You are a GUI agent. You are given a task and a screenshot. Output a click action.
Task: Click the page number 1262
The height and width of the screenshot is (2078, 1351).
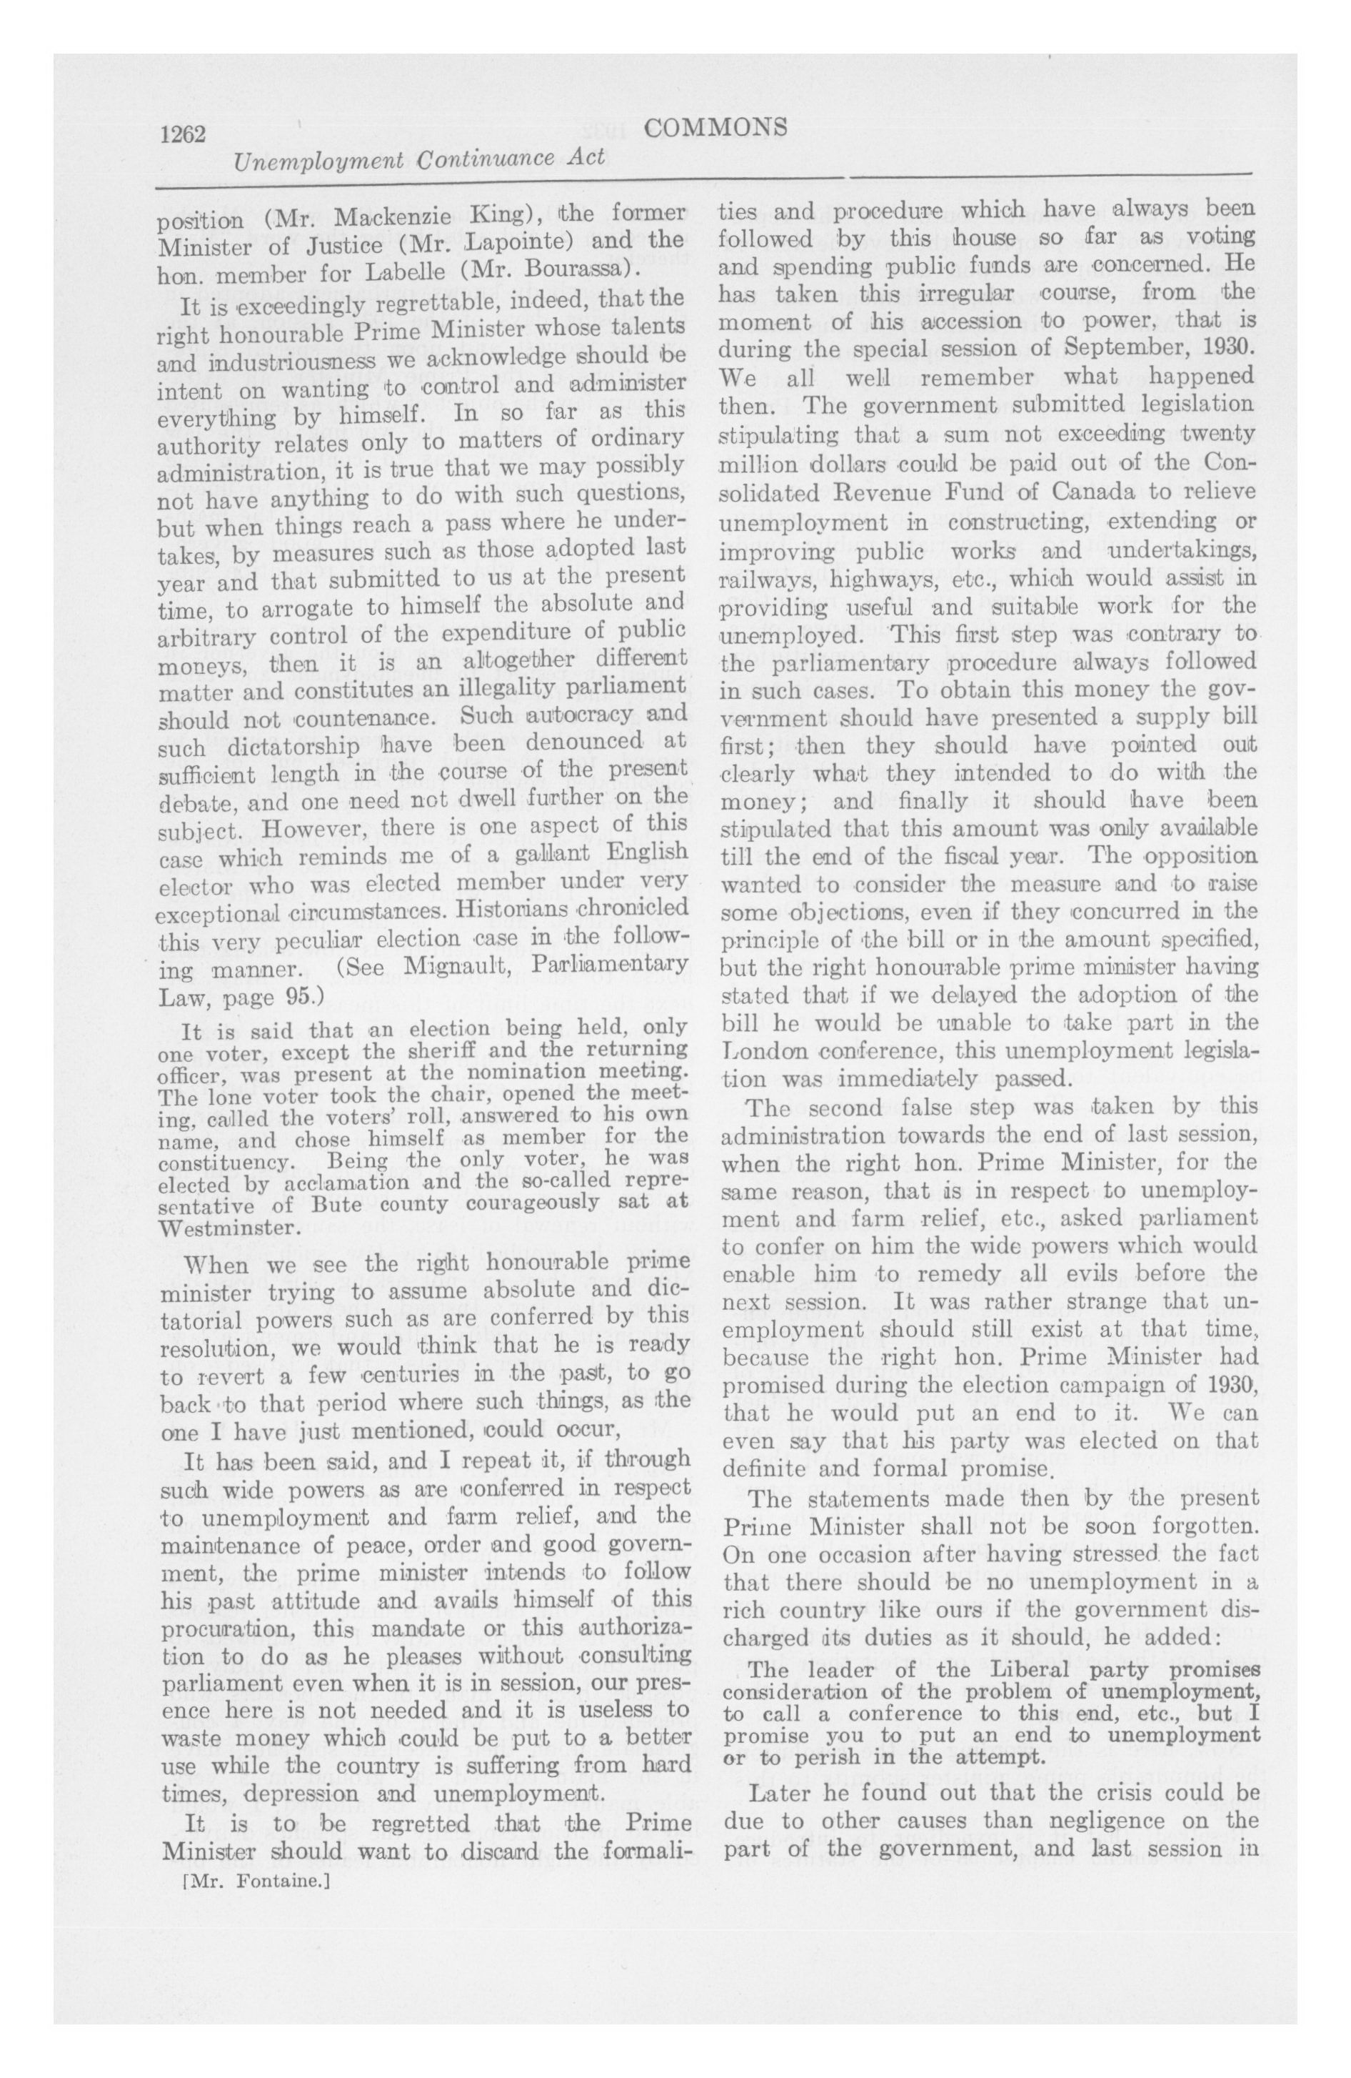181,134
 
